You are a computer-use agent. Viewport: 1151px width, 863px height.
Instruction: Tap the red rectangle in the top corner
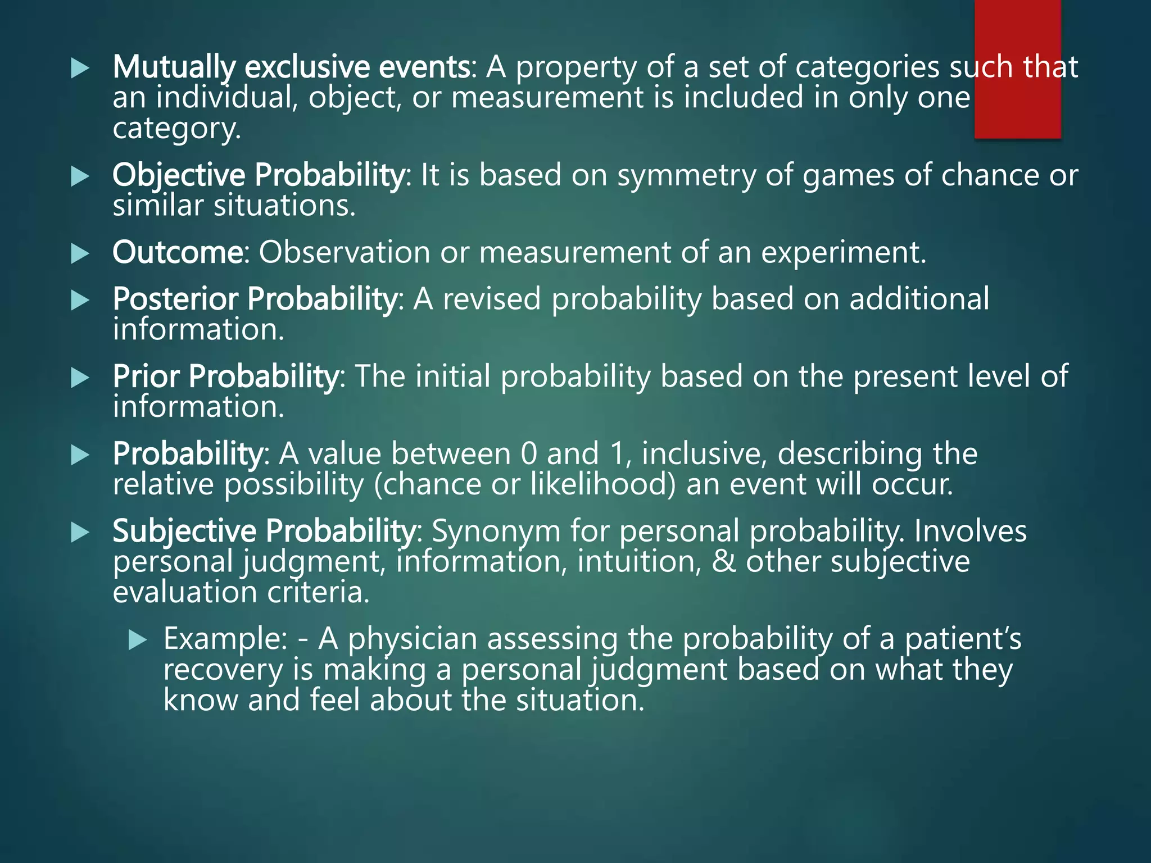coord(1017,67)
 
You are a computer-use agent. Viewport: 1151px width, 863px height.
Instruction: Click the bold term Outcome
coord(178,252)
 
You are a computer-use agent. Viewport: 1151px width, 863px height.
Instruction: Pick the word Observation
coord(344,252)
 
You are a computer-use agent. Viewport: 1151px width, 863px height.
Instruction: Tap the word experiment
coord(843,252)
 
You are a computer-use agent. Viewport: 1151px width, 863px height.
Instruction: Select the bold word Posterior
coord(175,299)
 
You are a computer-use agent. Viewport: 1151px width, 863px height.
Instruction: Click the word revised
coord(492,299)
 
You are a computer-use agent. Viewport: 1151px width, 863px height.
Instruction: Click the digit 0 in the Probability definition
coord(529,453)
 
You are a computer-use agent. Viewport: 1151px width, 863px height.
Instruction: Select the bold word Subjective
coord(184,531)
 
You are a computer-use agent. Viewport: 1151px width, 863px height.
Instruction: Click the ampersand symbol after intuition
coord(723,561)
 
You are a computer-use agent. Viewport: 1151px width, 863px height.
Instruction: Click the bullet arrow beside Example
coord(137,639)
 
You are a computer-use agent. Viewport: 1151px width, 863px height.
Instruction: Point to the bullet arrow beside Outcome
coord(80,254)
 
